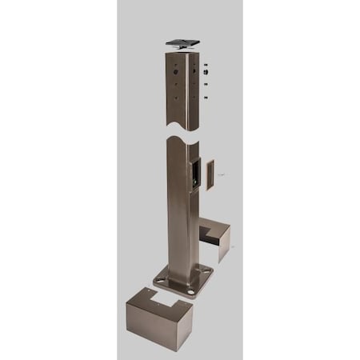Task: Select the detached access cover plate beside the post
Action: tap(210, 174)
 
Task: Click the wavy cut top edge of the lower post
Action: tap(180, 140)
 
